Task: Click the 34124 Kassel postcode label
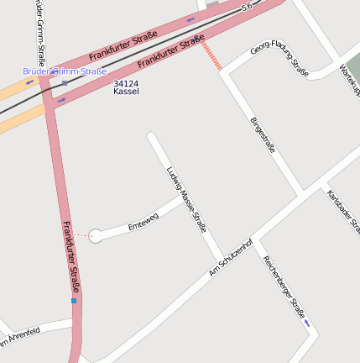126,87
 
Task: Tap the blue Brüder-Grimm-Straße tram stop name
65,72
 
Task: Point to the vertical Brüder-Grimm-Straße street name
40,34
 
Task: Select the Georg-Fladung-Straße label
279,57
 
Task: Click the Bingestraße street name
263,134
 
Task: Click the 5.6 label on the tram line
246,7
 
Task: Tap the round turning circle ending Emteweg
96,236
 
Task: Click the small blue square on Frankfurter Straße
74,300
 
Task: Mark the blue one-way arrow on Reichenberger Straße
307,323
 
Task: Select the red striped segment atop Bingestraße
212,55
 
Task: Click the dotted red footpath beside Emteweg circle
81,234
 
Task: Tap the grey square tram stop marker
65,82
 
